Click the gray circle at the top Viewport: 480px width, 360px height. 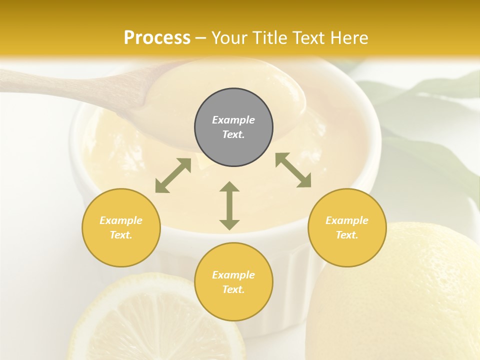pyautogui.click(x=233, y=127)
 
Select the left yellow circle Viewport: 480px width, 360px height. pyautogui.click(x=121, y=227)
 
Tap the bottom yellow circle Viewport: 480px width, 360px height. pyautogui.click(x=233, y=281)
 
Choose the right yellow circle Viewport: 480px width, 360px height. pyautogui.click(x=347, y=227)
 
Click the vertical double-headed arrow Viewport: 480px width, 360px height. pyautogui.click(x=229, y=205)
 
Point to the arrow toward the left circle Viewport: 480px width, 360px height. pyautogui.click(x=173, y=175)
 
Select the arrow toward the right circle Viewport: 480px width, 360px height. pyautogui.click(x=293, y=170)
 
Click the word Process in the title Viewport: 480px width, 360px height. pyautogui.click(x=157, y=37)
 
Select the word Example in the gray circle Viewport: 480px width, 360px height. pyautogui.click(x=233, y=120)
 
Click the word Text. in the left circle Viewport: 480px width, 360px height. pyautogui.click(x=121, y=235)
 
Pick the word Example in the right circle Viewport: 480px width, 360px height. pyautogui.click(x=347, y=220)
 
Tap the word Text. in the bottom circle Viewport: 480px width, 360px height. pyautogui.click(x=233, y=289)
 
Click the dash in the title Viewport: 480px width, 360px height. pyautogui.click(x=201, y=38)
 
